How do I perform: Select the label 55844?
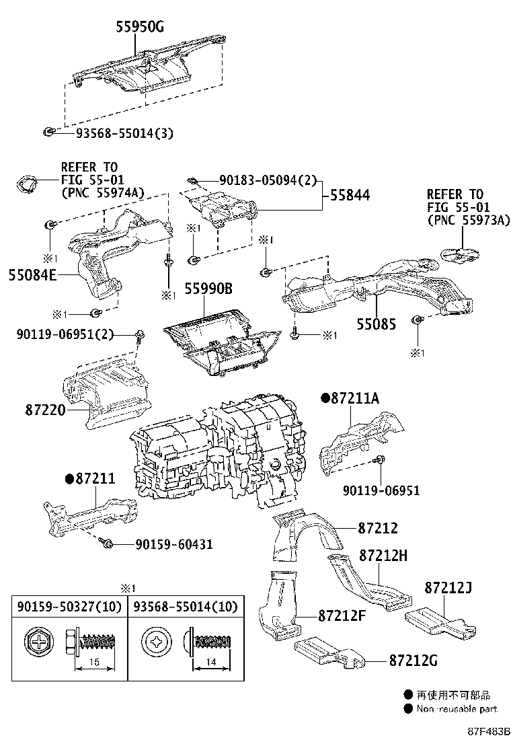pos(350,196)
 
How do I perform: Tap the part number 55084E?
pos(32,274)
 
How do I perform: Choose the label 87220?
pos(45,408)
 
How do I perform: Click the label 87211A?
pos(355,399)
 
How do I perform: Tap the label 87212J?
pos(448,588)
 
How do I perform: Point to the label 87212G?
pos(412,661)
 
